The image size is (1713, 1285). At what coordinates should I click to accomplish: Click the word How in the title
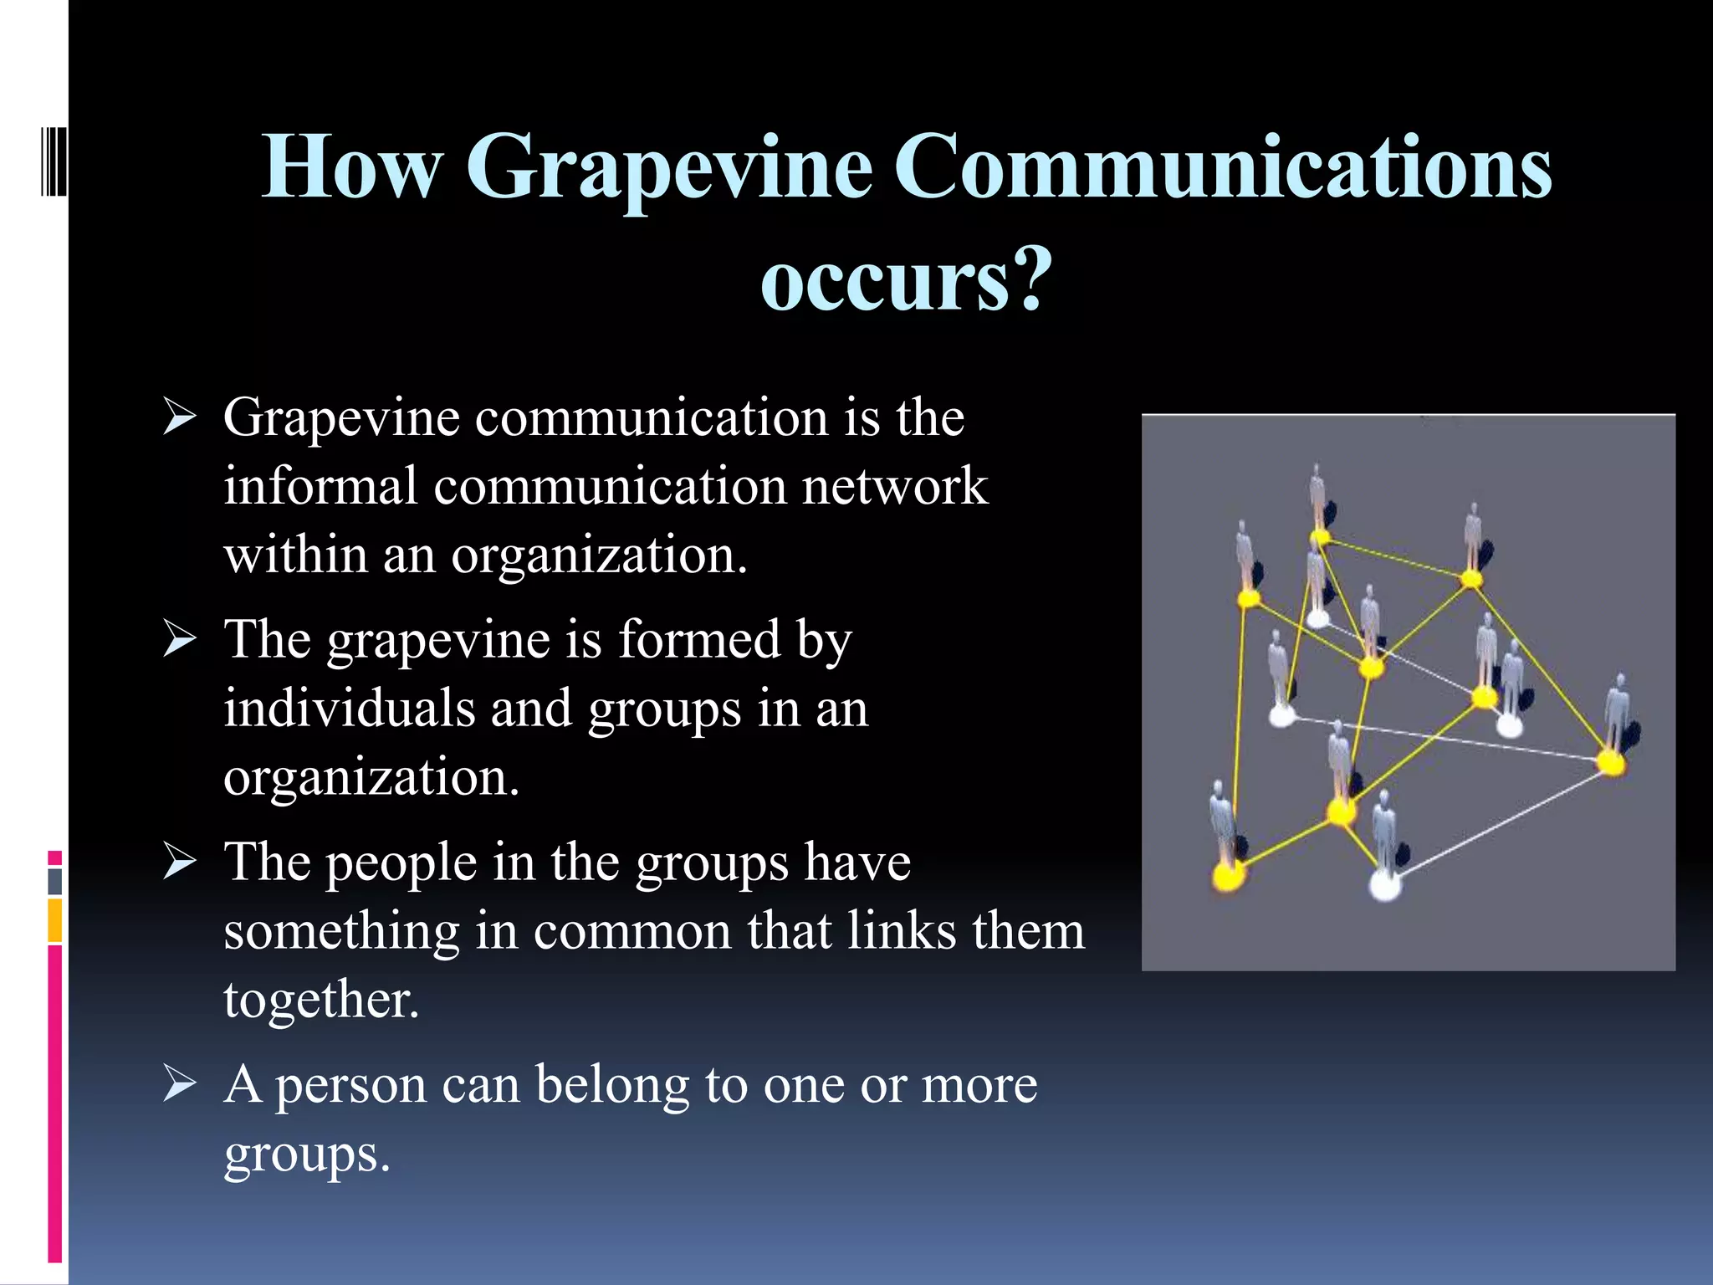click(x=351, y=167)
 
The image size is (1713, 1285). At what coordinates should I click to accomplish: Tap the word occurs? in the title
click(x=905, y=280)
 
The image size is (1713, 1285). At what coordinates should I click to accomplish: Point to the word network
click(x=895, y=487)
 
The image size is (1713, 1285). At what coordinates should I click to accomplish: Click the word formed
click(x=699, y=640)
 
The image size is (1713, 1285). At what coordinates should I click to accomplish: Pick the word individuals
click(x=349, y=709)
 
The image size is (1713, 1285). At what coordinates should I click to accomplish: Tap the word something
click(x=341, y=931)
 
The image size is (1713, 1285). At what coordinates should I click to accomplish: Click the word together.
click(x=320, y=1001)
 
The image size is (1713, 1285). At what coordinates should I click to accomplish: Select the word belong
click(x=612, y=1085)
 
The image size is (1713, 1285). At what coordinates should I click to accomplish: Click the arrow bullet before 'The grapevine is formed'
click(x=180, y=640)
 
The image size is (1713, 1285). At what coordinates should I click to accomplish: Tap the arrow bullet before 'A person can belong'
click(x=180, y=1085)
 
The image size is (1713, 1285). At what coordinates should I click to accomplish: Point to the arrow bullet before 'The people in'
click(x=180, y=863)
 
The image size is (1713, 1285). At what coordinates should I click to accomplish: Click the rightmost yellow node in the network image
click(x=1610, y=763)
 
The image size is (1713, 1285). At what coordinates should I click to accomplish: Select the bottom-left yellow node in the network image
click(x=1228, y=876)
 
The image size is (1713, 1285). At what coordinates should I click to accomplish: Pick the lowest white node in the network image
click(x=1385, y=885)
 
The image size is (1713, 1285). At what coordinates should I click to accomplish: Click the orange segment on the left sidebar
click(x=55, y=920)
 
